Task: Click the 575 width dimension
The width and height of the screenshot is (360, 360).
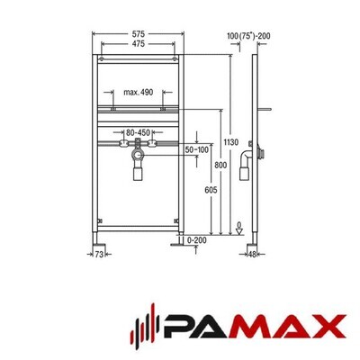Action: point(138,34)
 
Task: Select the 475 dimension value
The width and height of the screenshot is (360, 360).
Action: point(138,44)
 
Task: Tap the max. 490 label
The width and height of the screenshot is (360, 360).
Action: point(139,92)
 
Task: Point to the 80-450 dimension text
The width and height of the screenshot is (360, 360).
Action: point(138,132)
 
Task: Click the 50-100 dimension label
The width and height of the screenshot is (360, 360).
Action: point(197,149)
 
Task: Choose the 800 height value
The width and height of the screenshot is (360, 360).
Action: point(220,165)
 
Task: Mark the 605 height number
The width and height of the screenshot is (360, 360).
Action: point(211,190)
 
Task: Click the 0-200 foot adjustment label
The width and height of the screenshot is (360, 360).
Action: point(197,240)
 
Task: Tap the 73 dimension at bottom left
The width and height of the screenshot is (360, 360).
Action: point(99,255)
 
